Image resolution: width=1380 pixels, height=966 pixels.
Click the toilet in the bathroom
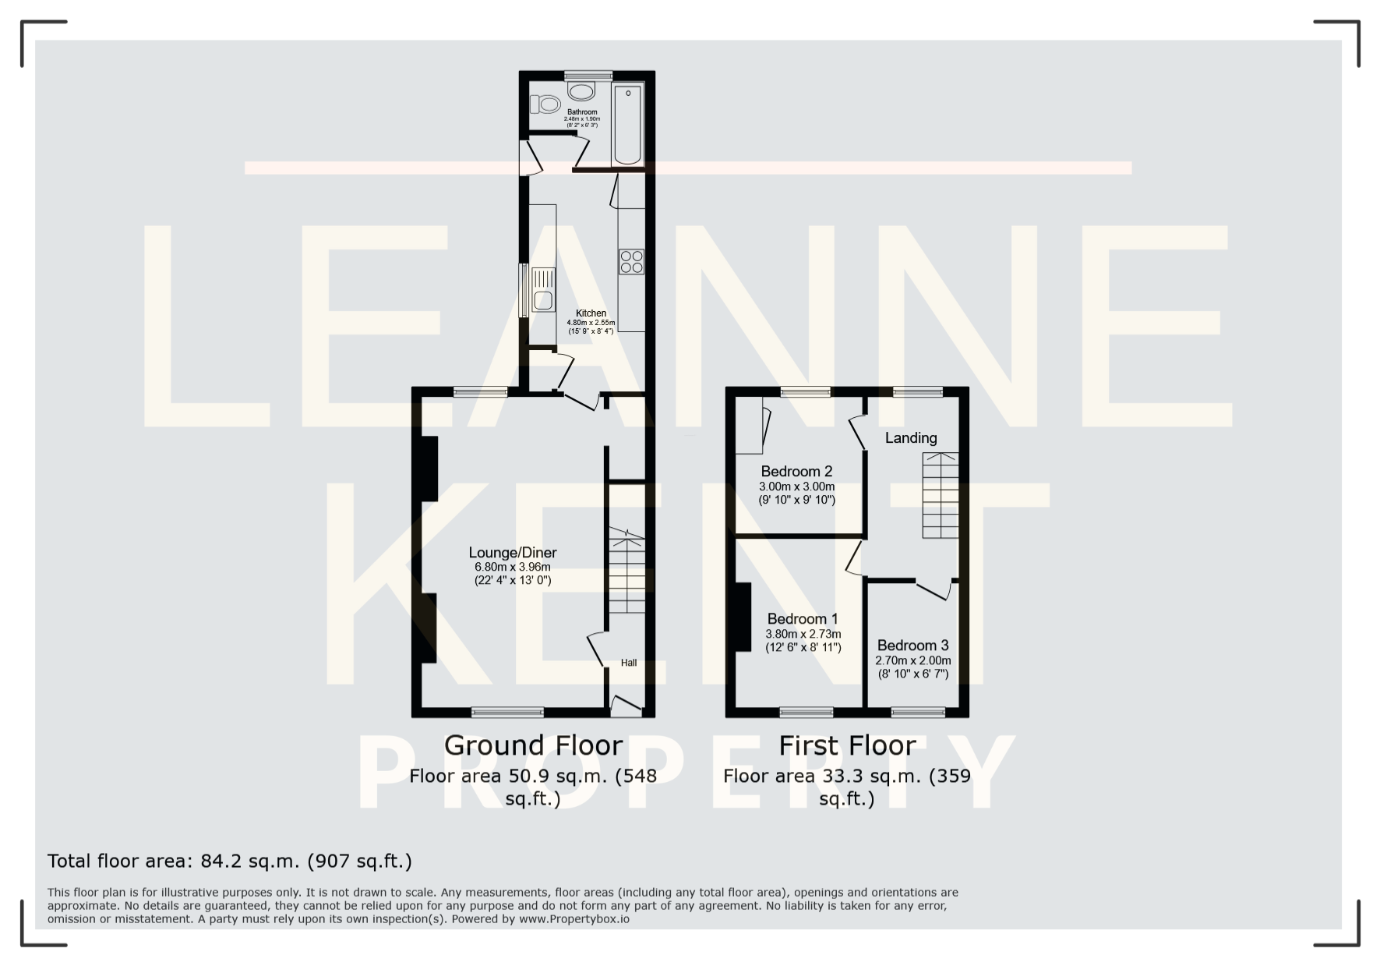click(545, 104)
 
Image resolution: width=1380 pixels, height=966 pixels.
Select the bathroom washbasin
click(581, 91)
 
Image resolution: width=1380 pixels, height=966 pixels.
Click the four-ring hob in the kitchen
click(632, 261)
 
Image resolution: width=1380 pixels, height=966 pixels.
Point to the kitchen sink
click(543, 290)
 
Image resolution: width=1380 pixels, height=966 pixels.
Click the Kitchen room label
click(591, 313)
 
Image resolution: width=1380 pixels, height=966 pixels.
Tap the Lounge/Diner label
click(513, 553)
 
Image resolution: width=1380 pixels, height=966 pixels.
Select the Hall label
click(629, 663)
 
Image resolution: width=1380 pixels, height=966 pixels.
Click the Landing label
click(911, 438)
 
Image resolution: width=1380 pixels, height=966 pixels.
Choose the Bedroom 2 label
click(796, 471)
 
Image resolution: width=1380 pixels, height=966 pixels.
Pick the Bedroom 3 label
click(912, 646)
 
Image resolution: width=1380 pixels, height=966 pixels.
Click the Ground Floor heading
click(533, 745)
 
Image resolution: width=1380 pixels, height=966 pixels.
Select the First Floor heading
click(847, 745)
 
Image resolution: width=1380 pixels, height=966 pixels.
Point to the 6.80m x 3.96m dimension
click(513, 567)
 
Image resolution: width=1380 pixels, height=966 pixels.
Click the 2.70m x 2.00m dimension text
click(912, 660)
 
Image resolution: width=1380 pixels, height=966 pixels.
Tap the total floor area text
click(230, 862)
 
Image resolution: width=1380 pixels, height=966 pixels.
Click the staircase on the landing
click(941, 495)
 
